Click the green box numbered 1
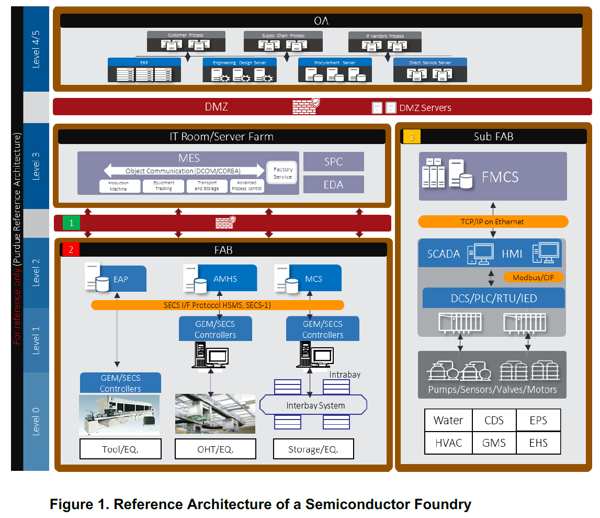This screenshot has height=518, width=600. tap(72, 223)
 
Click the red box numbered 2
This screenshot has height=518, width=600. tap(71, 250)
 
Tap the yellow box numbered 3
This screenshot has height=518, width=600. tap(412, 137)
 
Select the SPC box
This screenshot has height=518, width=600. tap(334, 162)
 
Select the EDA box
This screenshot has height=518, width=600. tap(334, 185)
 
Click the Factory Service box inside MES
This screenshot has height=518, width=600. tap(283, 173)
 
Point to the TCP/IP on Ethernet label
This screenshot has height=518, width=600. tap(493, 222)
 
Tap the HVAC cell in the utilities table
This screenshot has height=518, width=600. tap(448, 443)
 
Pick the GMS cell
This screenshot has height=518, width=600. tap(494, 443)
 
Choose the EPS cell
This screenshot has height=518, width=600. tap(538, 420)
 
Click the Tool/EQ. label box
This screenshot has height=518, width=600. tap(120, 449)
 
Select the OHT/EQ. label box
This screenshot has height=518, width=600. tap(216, 449)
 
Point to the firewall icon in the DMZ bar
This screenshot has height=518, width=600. tap(305, 106)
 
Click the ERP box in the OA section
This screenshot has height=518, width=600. tap(144, 70)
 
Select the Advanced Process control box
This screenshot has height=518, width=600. tap(247, 186)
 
